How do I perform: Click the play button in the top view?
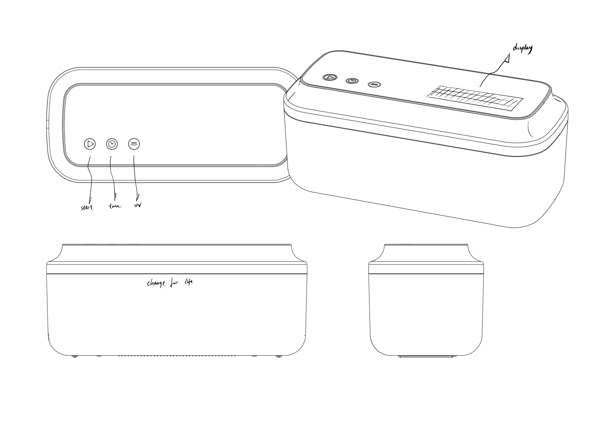click(90, 144)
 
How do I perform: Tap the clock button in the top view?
click(112, 144)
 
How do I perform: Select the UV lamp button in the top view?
click(134, 144)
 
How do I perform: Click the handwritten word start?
click(87, 207)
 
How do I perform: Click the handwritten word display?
click(523, 49)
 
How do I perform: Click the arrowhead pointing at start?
click(91, 200)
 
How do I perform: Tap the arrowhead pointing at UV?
click(137, 197)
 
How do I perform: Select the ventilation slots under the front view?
click(177, 356)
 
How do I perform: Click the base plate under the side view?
click(426, 356)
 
